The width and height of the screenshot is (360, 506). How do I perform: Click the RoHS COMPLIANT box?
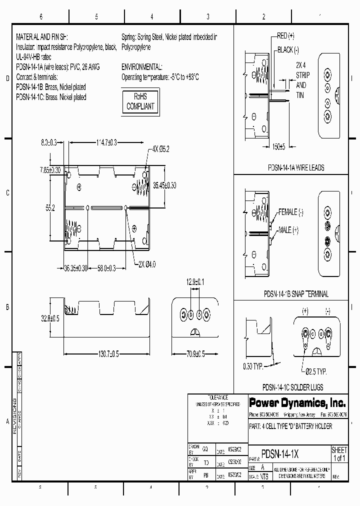click(140, 101)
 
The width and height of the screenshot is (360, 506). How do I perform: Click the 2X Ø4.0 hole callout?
click(148, 264)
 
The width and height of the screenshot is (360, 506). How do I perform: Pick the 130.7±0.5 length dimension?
click(101, 354)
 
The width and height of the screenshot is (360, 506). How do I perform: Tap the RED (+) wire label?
click(285, 36)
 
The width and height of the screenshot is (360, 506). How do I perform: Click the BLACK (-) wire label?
click(288, 50)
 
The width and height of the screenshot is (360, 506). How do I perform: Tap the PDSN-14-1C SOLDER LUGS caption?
click(293, 387)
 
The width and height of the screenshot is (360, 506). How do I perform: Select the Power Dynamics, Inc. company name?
click(289, 402)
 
